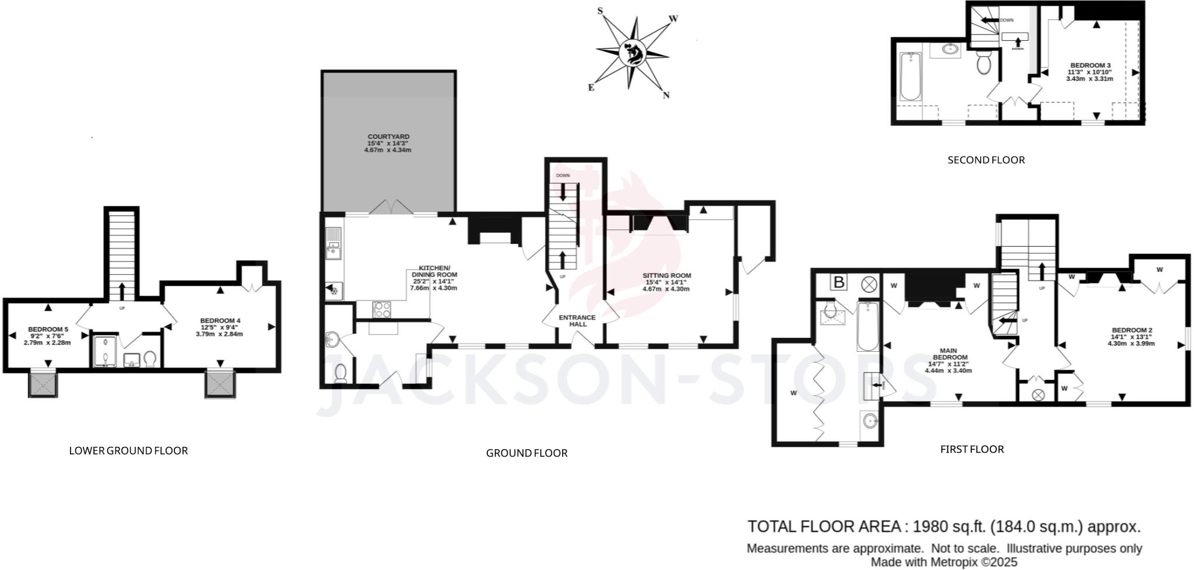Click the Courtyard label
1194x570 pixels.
[x=388, y=137]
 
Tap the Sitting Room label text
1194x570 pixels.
[x=666, y=275]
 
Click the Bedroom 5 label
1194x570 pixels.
[x=48, y=330]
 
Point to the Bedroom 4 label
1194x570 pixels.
[x=220, y=321]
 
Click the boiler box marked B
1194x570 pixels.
[x=838, y=283]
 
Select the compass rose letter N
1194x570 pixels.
[x=666, y=95]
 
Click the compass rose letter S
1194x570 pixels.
[x=600, y=11]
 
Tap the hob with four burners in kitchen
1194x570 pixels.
[x=381, y=309]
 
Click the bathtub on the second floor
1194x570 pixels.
[x=909, y=77]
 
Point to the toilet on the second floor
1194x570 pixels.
[x=984, y=64]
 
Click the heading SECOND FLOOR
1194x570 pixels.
[x=985, y=160]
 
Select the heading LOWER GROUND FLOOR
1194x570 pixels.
[x=128, y=450]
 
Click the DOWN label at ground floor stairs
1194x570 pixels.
[x=563, y=176]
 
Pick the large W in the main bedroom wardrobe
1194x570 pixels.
[x=793, y=393]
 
